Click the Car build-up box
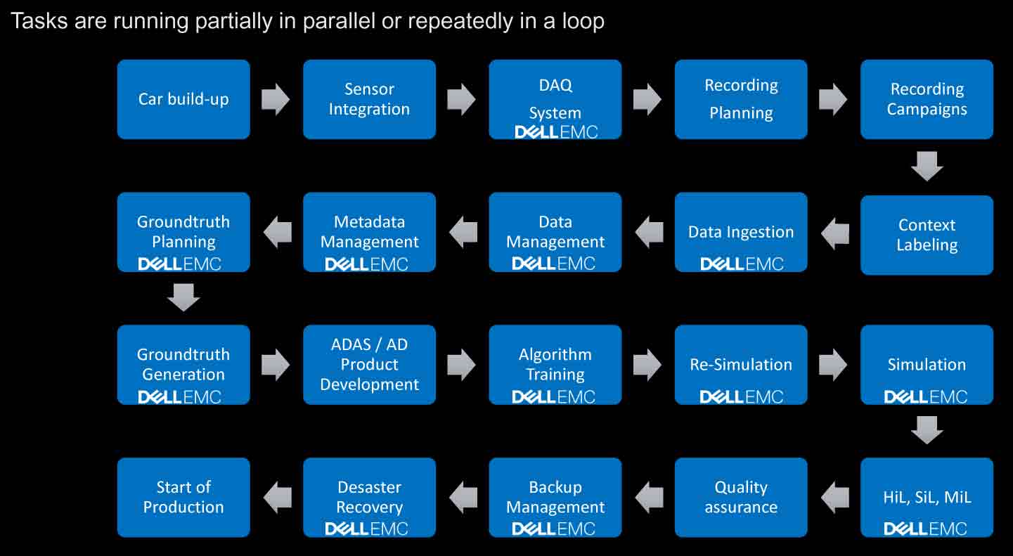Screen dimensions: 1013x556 click(183, 99)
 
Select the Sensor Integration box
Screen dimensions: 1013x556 click(370, 99)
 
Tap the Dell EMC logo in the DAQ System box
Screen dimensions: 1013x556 click(556, 132)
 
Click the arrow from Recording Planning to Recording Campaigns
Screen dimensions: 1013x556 click(833, 99)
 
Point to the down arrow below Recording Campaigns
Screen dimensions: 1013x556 click(927, 166)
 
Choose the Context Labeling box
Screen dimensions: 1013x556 click(927, 235)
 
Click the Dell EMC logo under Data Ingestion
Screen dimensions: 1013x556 click(742, 264)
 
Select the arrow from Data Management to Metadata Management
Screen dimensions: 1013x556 click(463, 233)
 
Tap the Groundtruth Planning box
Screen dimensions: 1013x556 click(183, 233)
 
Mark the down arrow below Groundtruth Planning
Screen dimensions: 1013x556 click(183, 297)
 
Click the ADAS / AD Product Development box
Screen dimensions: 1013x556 click(370, 365)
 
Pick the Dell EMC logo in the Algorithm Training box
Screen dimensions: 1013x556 click(553, 397)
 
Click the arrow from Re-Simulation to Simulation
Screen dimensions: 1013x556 click(833, 365)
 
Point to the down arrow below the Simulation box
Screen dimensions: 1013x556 click(927, 430)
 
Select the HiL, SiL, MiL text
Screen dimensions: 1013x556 click(927, 497)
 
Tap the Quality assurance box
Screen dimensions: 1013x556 click(741, 497)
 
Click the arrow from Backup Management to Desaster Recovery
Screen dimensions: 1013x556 click(463, 497)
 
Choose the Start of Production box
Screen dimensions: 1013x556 click(183, 497)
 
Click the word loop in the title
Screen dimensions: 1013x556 click(583, 22)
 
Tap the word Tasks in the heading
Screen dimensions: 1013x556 click(39, 21)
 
